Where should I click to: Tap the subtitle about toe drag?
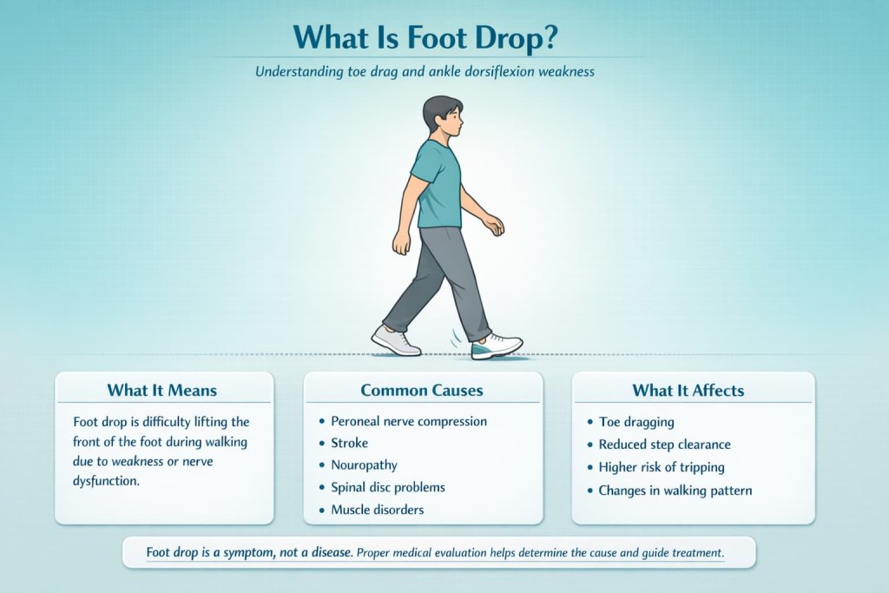click(x=425, y=72)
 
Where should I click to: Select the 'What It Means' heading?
click(x=162, y=390)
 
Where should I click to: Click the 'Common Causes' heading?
click(x=423, y=390)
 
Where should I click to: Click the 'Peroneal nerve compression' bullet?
click(x=409, y=421)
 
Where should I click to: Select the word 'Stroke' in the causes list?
click(x=349, y=443)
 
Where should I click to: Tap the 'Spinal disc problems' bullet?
click(x=388, y=487)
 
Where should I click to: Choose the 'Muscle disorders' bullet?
click(x=378, y=510)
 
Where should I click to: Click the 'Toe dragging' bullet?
click(x=636, y=422)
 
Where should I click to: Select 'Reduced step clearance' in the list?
click(x=665, y=445)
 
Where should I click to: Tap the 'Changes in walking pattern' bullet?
click(x=675, y=491)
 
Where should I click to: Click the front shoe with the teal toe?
click(x=497, y=346)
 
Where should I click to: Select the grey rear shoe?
click(x=396, y=340)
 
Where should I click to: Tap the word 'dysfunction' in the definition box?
click(x=106, y=480)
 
